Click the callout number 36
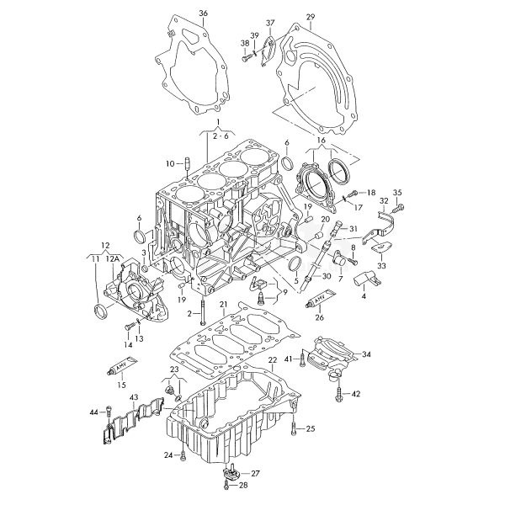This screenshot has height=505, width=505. (203, 13)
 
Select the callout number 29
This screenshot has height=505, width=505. (311, 17)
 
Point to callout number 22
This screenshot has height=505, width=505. (273, 360)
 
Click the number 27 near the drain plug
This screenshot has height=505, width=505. (255, 473)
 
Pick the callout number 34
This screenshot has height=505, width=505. (366, 354)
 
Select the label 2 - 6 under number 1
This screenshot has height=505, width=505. (221, 136)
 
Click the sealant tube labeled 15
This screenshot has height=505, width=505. (122, 365)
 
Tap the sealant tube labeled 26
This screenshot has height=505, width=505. (321, 299)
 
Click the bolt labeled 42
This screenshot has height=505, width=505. (338, 395)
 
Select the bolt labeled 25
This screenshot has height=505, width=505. (294, 428)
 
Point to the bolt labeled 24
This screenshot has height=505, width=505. (183, 455)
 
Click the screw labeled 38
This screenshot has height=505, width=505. (246, 58)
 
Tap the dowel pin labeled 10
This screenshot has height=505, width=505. (187, 164)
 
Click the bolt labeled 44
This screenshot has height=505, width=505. (109, 411)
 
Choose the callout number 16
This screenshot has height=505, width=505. (322, 141)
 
